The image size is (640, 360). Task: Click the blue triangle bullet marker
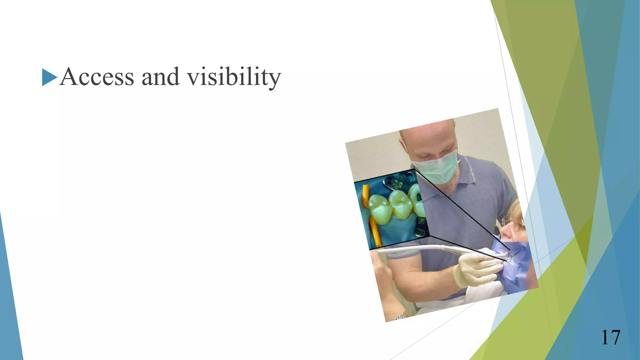49,77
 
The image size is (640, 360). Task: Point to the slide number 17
610,337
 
